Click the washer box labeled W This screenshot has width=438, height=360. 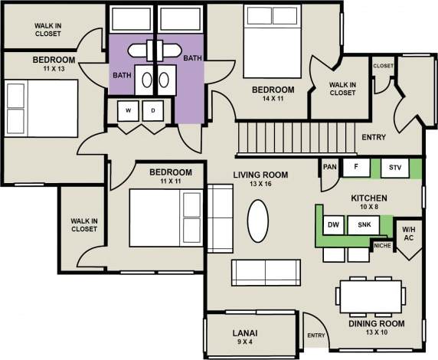tap(129, 111)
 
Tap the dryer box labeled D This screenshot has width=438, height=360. tap(152, 111)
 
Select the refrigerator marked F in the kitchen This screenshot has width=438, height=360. tap(355, 166)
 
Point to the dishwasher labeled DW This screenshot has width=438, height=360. tap(333, 224)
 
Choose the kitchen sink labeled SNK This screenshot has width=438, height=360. tap(364, 224)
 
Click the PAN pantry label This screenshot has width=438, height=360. tap(330, 166)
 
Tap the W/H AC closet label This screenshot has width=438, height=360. tap(408, 233)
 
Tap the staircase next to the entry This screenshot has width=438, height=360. tap(276, 140)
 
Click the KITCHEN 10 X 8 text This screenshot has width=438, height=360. tap(369, 203)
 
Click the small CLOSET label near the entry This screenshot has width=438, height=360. tap(383, 66)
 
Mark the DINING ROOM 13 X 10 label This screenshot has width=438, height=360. tap(375, 329)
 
